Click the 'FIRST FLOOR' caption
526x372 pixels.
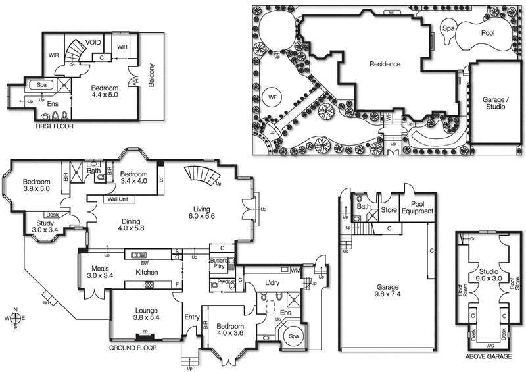tap(55, 126)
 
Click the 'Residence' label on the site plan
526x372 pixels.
tap(385, 65)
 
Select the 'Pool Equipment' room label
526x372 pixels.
tap(418, 207)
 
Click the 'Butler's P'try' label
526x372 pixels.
tap(218, 264)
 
